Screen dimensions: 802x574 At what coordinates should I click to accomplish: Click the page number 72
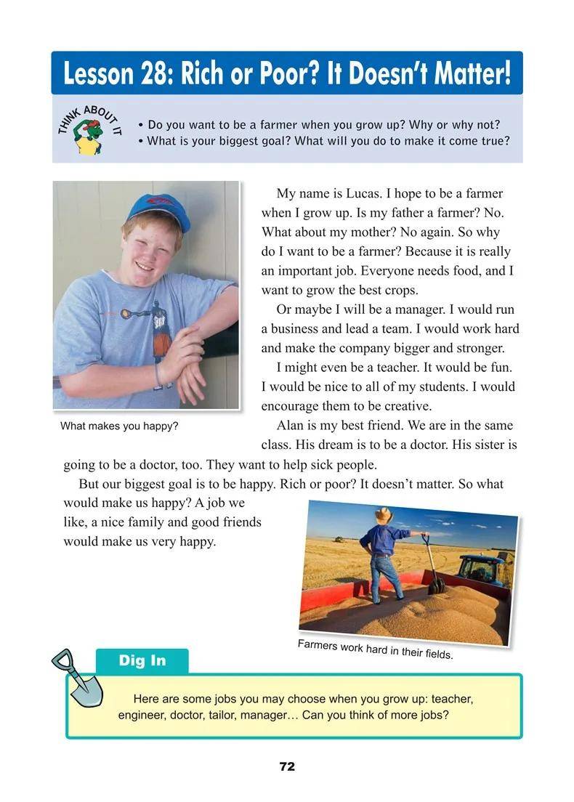(287, 766)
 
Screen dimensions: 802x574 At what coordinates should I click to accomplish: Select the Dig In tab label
(142, 660)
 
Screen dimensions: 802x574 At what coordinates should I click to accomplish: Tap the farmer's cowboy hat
(384, 514)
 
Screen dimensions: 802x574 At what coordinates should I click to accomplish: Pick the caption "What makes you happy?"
(119, 426)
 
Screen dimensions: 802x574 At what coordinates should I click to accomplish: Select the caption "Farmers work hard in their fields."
(375, 649)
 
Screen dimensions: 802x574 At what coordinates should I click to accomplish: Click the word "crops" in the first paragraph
(400, 291)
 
